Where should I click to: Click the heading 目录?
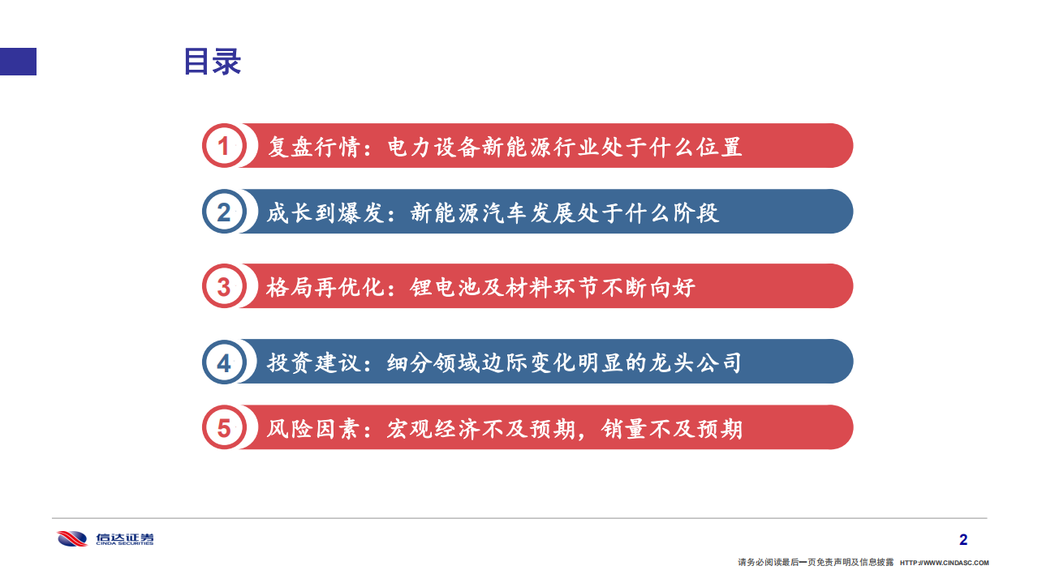212,62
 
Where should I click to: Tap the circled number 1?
223,146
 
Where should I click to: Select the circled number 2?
223,212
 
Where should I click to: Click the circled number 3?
223,286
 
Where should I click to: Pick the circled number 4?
223,362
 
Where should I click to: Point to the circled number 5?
223,427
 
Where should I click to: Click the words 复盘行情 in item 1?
312,147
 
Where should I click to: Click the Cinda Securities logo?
105,538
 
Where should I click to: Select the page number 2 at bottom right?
963,540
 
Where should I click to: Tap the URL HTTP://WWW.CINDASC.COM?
945,563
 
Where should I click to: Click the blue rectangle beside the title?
18,62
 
